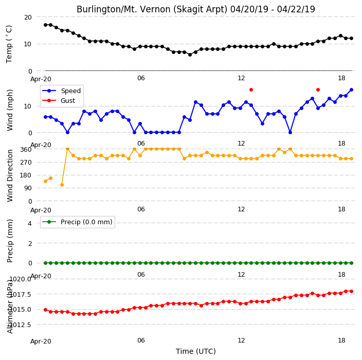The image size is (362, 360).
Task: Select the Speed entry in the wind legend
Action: pyautogui.click(x=61, y=91)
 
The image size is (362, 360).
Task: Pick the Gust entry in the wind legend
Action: pyautogui.click(x=59, y=100)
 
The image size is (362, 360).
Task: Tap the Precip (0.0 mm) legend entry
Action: pyautogui.click(x=78, y=222)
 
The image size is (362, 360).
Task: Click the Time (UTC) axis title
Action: pyautogui.click(x=196, y=351)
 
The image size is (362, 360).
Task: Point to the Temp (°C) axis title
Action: pyautogui.click(x=9, y=44)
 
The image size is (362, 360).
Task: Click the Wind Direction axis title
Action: pyautogui.click(x=10, y=175)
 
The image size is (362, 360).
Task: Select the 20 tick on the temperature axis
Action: pyautogui.click(x=28, y=17)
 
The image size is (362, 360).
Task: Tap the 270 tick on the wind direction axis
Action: pyautogui.click(x=26, y=163)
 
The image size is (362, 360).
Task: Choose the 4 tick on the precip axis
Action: pyautogui.click(x=30, y=223)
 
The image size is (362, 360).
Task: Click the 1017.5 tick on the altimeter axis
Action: pyautogui.click(x=21, y=294)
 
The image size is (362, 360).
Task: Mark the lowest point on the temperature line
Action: pyautogui.click(x=190, y=55)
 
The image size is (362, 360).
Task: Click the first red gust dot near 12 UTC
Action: pyautogui.click(x=251, y=89)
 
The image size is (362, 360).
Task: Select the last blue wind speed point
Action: pyautogui.click(x=351, y=90)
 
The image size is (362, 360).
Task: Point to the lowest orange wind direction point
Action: pyautogui.click(x=62, y=185)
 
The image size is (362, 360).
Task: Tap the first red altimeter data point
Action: pyautogui.click(x=45, y=310)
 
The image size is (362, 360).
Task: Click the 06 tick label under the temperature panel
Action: pyautogui.click(x=141, y=78)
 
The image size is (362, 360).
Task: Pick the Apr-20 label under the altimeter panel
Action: pyautogui.click(x=41, y=341)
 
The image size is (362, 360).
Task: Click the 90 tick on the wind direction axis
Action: pyautogui.click(x=28, y=188)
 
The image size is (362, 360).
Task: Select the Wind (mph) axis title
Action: pyautogui.click(x=10, y=111)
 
